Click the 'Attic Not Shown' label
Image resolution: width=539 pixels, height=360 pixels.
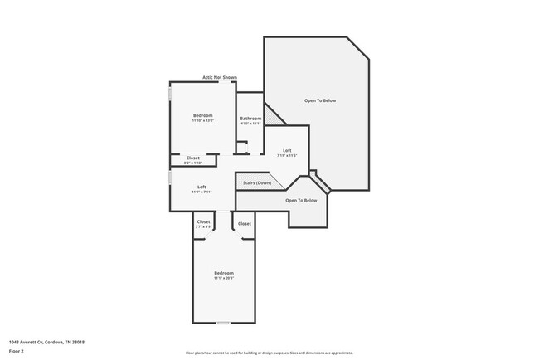[219, 78]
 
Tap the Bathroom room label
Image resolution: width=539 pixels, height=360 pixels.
[250, 119]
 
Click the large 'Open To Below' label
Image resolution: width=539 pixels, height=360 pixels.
[320, 100]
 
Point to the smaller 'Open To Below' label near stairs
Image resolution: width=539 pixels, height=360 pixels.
[301, 200]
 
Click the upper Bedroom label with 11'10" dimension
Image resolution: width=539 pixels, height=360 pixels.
[203, 114]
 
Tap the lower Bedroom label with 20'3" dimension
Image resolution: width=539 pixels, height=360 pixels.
[224, 273]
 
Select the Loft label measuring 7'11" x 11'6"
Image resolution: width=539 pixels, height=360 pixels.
[287, 150]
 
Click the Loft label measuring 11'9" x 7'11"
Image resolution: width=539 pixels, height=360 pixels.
[202, 187]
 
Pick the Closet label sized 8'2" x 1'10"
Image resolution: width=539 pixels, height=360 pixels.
[192, 158]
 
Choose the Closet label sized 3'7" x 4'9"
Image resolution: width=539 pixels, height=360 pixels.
[204, 222]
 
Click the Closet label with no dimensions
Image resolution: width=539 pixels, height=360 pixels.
[245, 223]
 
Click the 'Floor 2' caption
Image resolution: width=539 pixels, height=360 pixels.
[17, 351]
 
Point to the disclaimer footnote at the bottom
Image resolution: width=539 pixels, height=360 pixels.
[269, 353]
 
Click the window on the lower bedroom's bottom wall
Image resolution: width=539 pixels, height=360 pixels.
[222, 323]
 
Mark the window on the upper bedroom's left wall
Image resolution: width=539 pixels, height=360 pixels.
[170, 93]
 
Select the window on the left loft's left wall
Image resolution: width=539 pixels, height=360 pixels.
[170, 178]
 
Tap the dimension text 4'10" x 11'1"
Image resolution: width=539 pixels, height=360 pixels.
[250, 124]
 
